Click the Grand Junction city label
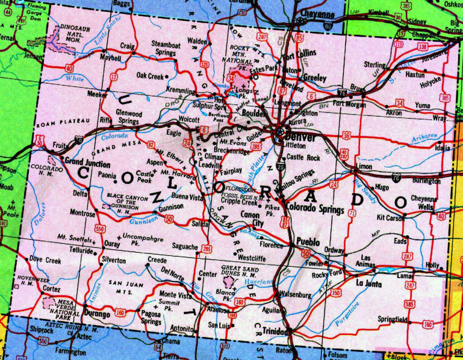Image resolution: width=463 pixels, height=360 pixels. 87,163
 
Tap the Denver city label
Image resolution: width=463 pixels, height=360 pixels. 300,137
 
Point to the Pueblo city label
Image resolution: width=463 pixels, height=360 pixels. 308,242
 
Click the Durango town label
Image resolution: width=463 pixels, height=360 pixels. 97,314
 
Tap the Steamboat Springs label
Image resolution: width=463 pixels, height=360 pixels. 166,48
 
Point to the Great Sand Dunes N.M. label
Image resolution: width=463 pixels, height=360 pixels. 240,272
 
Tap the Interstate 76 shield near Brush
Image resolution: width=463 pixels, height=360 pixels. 342,92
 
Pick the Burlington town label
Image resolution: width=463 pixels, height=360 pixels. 426,181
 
